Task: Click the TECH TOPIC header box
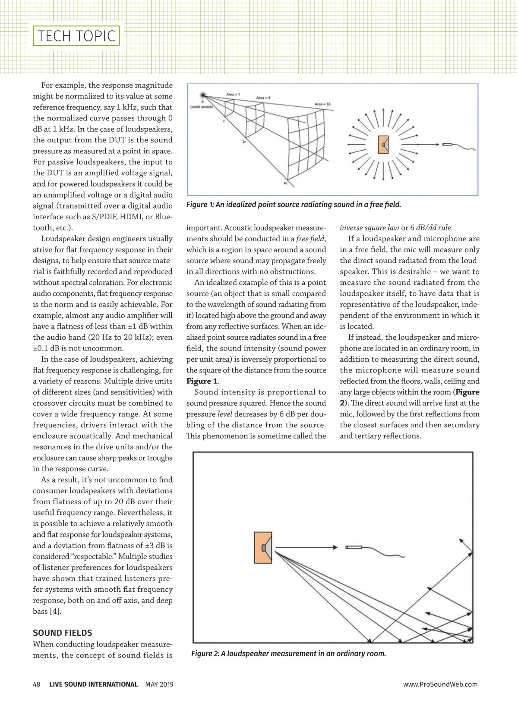click(x=76, y=36)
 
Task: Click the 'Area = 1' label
click(x=233, y=94)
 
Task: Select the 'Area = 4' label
click(x=263, y=98)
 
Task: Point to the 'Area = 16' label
click(x=322, y=104)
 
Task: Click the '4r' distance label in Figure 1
click(x=285, y=183)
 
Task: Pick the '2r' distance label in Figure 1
click(x=244, y=142)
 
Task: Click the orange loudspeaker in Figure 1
click(x=383, y=145)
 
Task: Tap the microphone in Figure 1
click(x=447, y=144)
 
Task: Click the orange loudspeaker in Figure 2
click(x=262, y=548)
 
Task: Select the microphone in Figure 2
click(x=354, y=547)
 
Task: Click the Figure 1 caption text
click(x=294, y=205)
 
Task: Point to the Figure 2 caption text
click(x=288, y=653)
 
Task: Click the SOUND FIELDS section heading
click(x=63, y=633)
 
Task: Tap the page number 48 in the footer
click(x=37, y=684)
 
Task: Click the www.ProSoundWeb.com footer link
click(x=440, y=684)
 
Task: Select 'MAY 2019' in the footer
click(x=159, y=684)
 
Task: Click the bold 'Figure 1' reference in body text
click(x=202, y=381)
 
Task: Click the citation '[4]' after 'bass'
click(x=55, y=611)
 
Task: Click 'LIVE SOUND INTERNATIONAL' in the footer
click(x=93, y=684)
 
